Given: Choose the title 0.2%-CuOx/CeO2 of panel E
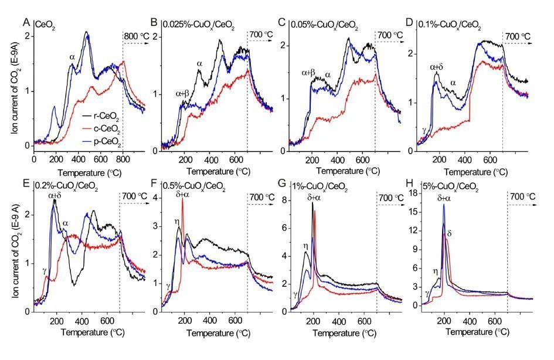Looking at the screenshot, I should coord(66,187).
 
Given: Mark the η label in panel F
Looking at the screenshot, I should coord(176,221).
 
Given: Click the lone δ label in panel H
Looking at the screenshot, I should coord(450,233).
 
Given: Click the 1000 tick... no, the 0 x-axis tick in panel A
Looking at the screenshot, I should coord(34,159).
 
